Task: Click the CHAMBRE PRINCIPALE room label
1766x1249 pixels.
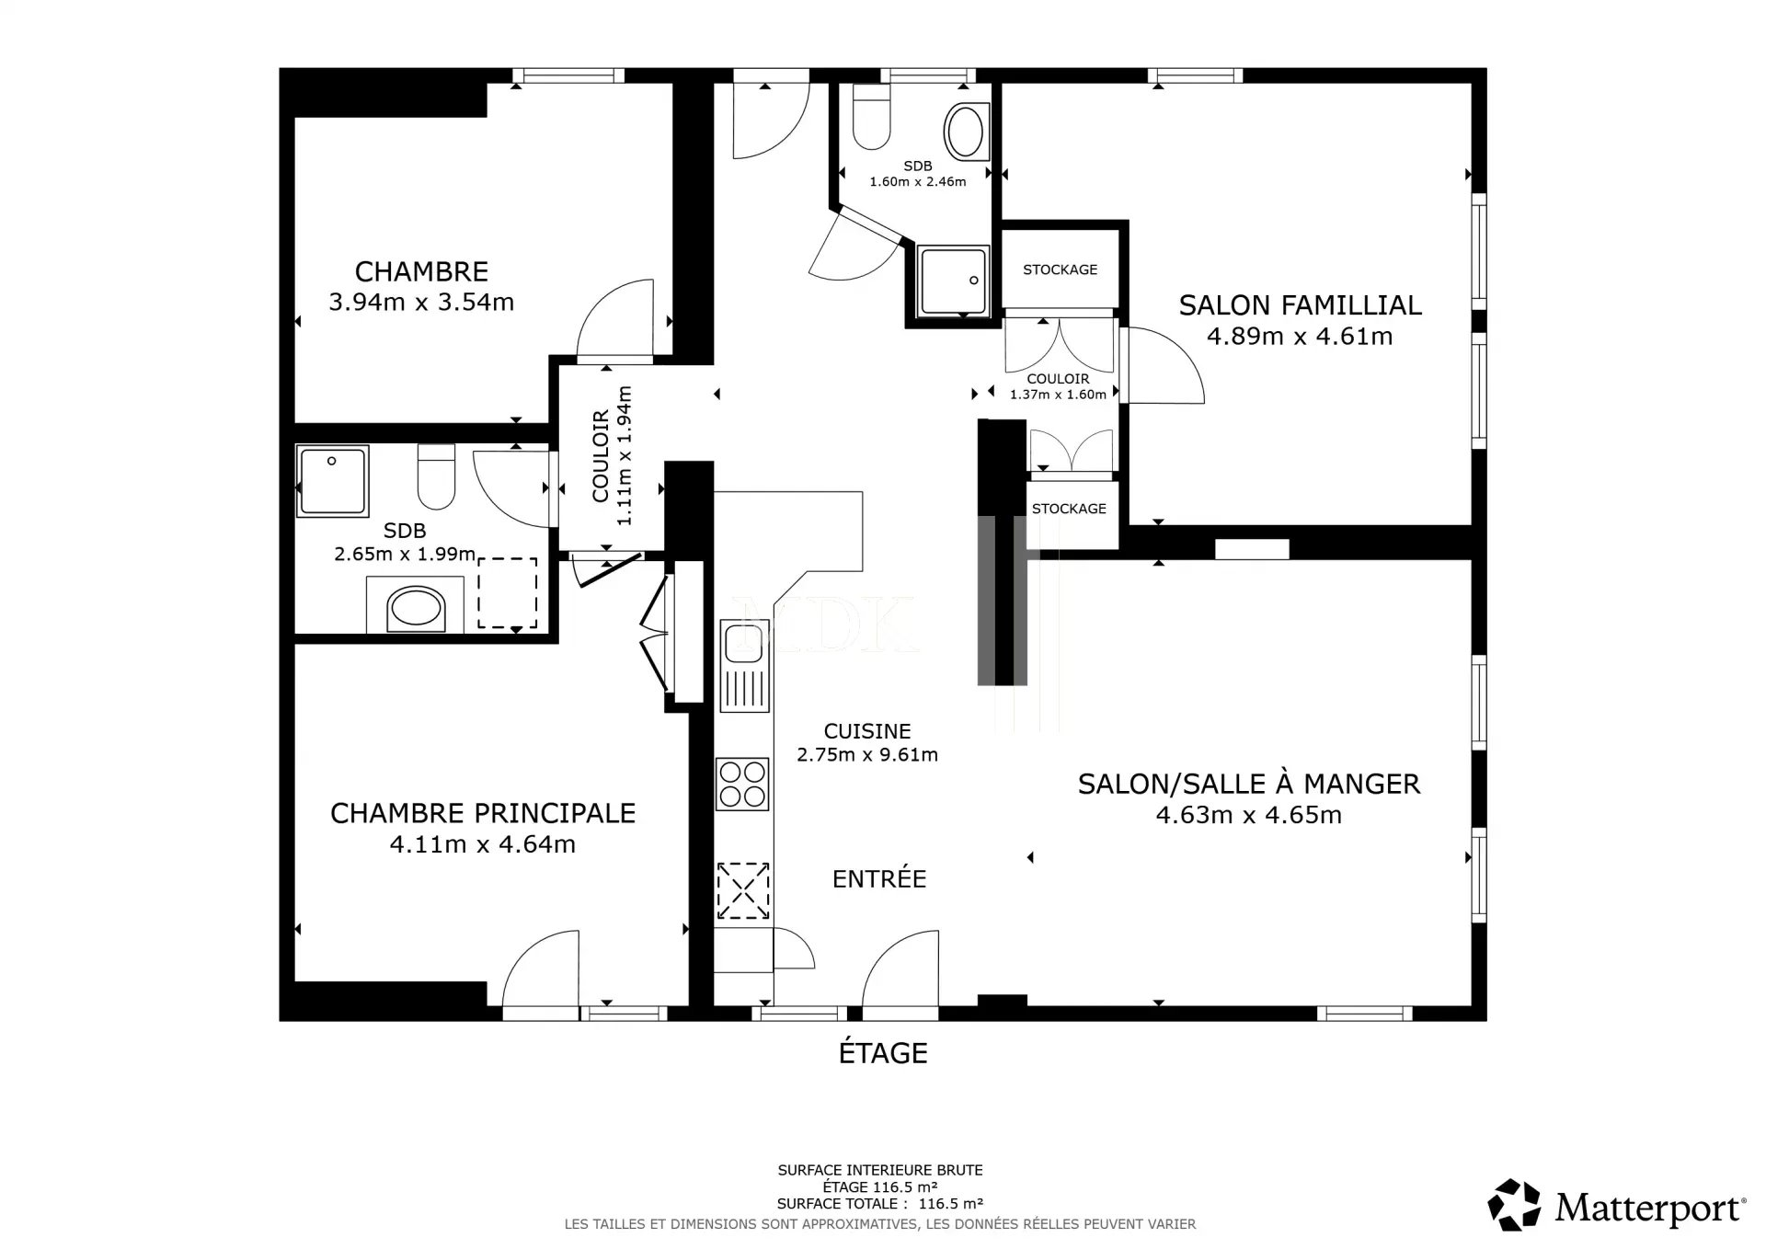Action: click(483, 813)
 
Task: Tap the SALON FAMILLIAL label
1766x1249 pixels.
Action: click(1300, 304)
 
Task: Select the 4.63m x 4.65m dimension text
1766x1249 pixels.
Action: click(1248, 815)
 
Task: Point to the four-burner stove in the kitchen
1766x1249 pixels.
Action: click(743, 784)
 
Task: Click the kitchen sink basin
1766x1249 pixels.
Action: click(743, 641)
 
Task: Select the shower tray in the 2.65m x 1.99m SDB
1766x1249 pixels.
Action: click(333, 481)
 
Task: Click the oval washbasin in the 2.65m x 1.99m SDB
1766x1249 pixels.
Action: click(417, 609)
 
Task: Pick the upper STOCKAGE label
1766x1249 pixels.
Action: click(1060, 269)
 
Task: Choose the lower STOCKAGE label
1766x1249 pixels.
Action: click(1069, 509)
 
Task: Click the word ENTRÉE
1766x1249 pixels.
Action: click(879, 878)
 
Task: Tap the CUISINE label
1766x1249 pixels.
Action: click(867, 731)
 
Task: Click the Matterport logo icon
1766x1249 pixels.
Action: click(1514, 1205)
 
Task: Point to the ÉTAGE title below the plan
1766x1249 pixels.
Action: click(883, 1052)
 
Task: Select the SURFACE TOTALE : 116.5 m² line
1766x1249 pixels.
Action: click(880, 1203)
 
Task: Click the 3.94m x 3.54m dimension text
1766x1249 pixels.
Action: click(421, 302)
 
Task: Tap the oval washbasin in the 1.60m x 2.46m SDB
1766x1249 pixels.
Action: click(966, 132)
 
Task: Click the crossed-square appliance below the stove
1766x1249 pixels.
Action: click(743, 889)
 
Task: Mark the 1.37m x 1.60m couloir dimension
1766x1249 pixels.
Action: click(1058, 395)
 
